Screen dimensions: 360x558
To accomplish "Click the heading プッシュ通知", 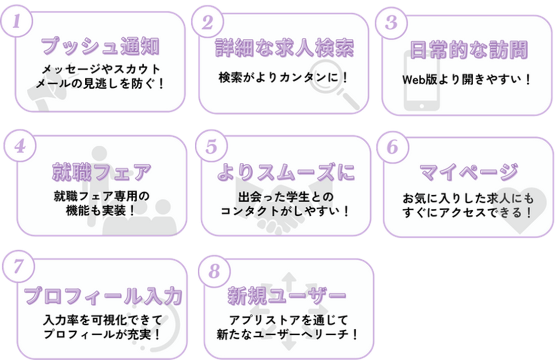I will [100, 47].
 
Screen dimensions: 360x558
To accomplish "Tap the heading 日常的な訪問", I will [468, 50].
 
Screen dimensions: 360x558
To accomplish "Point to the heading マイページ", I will [469, 172].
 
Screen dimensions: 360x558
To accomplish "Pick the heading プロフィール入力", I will [103, 296].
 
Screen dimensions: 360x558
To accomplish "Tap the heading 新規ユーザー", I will [287, 295].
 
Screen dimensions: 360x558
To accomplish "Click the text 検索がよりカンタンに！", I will [284, 79].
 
